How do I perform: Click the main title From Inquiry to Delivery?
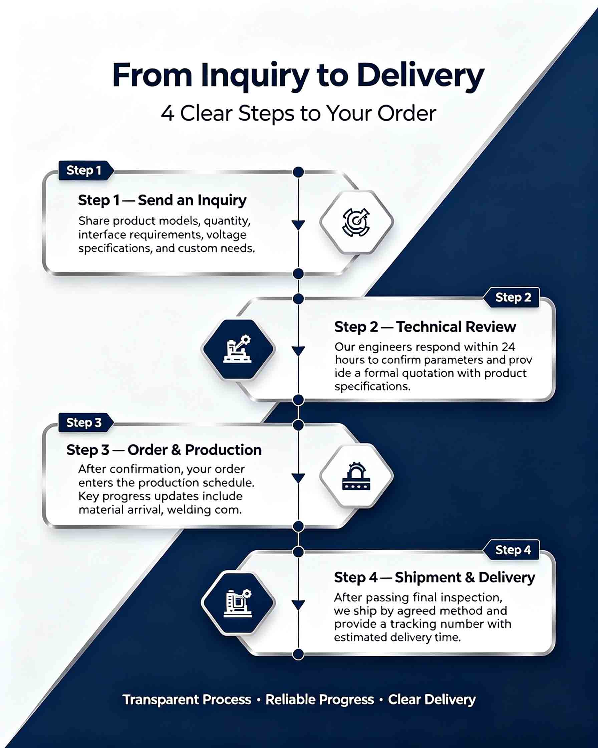[298, 75]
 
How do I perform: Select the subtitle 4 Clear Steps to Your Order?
[298, 114]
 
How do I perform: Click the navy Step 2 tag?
[511, 297]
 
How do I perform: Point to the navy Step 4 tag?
[511, 550]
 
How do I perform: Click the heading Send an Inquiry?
[192, 201]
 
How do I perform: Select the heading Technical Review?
[456, 327]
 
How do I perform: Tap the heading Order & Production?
[195, 450]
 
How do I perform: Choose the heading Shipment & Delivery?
[465, 578]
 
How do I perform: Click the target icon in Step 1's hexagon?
[356, 222]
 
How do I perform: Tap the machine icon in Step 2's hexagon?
[238, 349]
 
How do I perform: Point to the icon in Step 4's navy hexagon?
[238, 603]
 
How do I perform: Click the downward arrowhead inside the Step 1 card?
[298, 225]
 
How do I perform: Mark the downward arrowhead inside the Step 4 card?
[298, 605]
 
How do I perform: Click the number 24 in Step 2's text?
[508, 347]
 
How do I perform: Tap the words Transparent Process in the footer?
[187, 700]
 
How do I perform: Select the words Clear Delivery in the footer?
[431, 700]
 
